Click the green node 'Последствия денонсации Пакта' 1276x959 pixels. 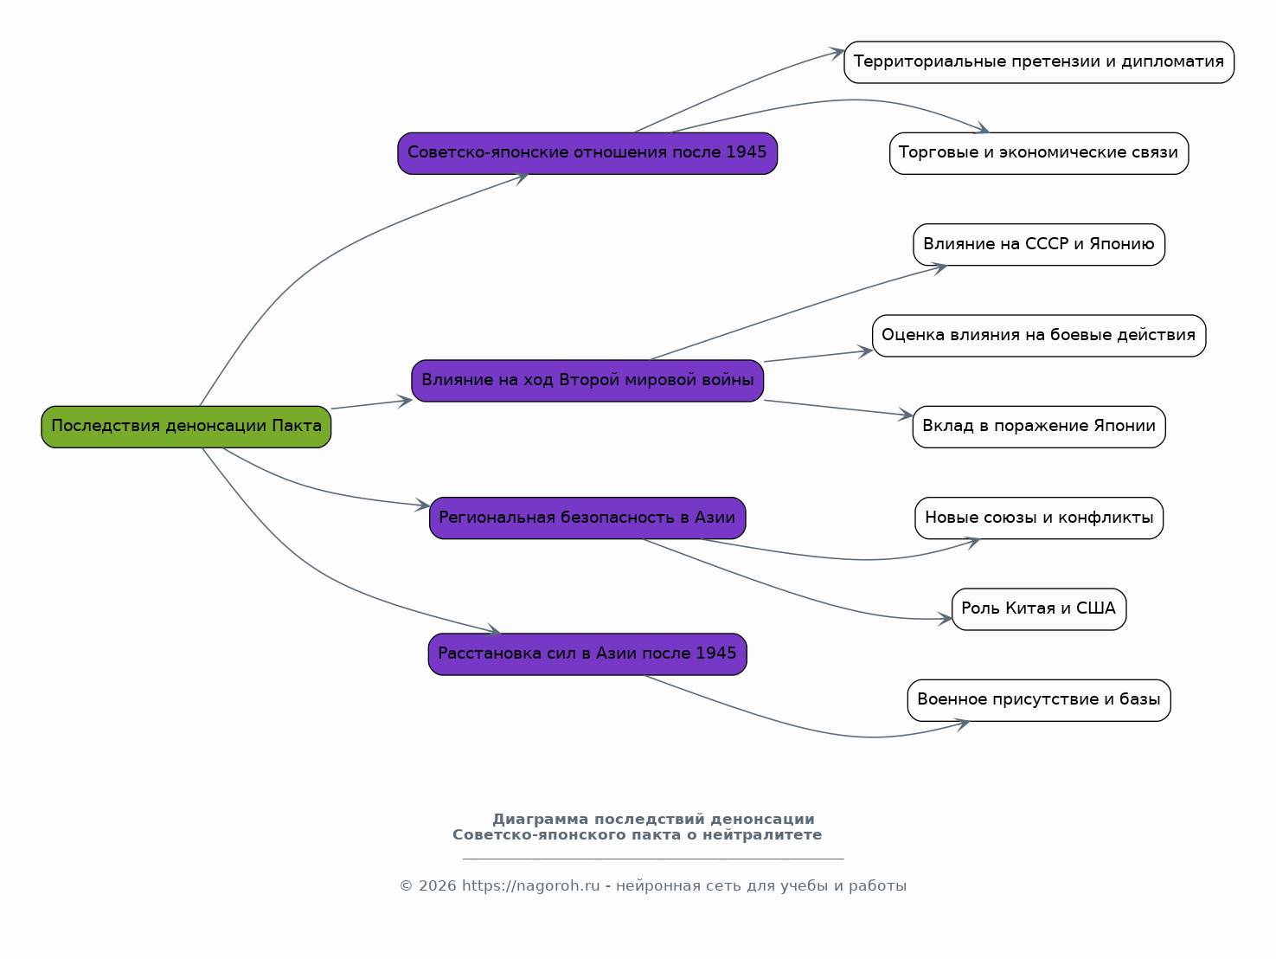pyautogui.click(x=186, y=427)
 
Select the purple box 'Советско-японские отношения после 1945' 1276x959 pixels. pyautogui.click(x=587, y=153)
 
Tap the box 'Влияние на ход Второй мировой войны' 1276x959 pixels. pyautogui.click(x=587, y=381)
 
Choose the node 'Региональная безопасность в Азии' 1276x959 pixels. pyautogui.click(x=587, y=518)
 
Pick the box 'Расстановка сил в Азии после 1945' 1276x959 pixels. pyautogui.click(x=587, y=654)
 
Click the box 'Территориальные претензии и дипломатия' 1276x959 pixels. pyautogui.click(x=1039, y=62)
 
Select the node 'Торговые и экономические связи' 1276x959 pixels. pyautogui.click(x=1039, y=153)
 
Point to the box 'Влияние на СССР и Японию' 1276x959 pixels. pyautogui.click(x=1039, y=245)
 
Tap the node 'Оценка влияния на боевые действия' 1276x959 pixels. pyautogui.click(x=1039, y=336)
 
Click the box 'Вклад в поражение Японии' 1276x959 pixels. pyautogui.click(x=1039, y=427)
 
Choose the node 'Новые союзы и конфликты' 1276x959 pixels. pyautogui.click(x=1039, y=518)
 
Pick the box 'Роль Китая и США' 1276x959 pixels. pyautogui.click(x=1039, y=609)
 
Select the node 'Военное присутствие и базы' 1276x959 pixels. pyautogui.click(x=1039, y=700)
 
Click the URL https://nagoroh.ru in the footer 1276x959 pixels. pyautogui.click(x=531, y=885)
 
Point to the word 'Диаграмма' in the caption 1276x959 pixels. pyautogui.click(x=541, y=820)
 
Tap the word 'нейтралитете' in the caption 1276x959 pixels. pyautogui.click(x=762, y=835)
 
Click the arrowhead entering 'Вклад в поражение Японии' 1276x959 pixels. pyautogui.click(x=906, y=415)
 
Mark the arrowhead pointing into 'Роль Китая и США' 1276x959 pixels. pyautogui.click(x=945, y=619)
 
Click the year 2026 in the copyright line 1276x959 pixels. pyautogui.click(x=437, y=885)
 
